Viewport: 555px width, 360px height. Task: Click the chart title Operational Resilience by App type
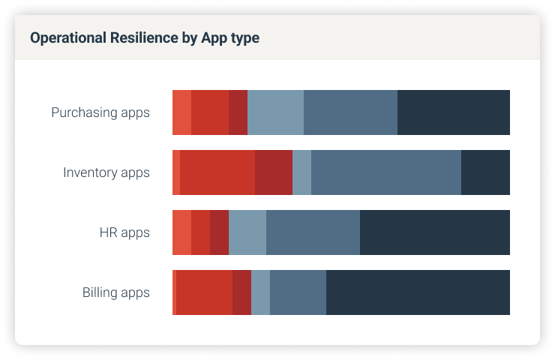coord(145,37)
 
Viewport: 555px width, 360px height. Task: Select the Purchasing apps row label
coord(100,112)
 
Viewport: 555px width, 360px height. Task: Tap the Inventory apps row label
coord(106,172)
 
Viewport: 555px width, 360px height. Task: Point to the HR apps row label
coord(124,232)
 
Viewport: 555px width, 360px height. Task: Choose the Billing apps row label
coord(116,292)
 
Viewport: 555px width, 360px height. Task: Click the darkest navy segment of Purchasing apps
coord(454,112)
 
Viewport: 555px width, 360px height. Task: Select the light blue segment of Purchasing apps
coord(275,112)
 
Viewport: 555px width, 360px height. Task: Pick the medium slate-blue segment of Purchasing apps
coord(350,112)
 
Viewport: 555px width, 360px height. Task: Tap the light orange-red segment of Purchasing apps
coord(181,112)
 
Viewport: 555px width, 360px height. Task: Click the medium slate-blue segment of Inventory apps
coord(386,172)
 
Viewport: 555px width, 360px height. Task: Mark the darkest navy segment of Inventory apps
coord(485,172)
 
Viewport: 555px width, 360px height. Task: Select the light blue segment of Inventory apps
coord(301,172)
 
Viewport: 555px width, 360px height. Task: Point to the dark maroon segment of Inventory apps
coord(274,172)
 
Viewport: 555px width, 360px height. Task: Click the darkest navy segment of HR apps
coord(435,232)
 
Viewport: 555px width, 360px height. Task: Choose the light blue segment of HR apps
coord(247,232)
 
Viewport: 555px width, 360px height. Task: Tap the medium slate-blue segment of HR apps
coord(313,232)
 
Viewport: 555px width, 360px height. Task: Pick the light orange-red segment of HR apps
coord(181,232)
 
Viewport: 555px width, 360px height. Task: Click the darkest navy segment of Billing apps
coord(418,292)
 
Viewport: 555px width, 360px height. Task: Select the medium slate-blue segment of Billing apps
coord(298,292)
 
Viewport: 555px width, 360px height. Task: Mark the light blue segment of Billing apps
coord(260,292)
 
